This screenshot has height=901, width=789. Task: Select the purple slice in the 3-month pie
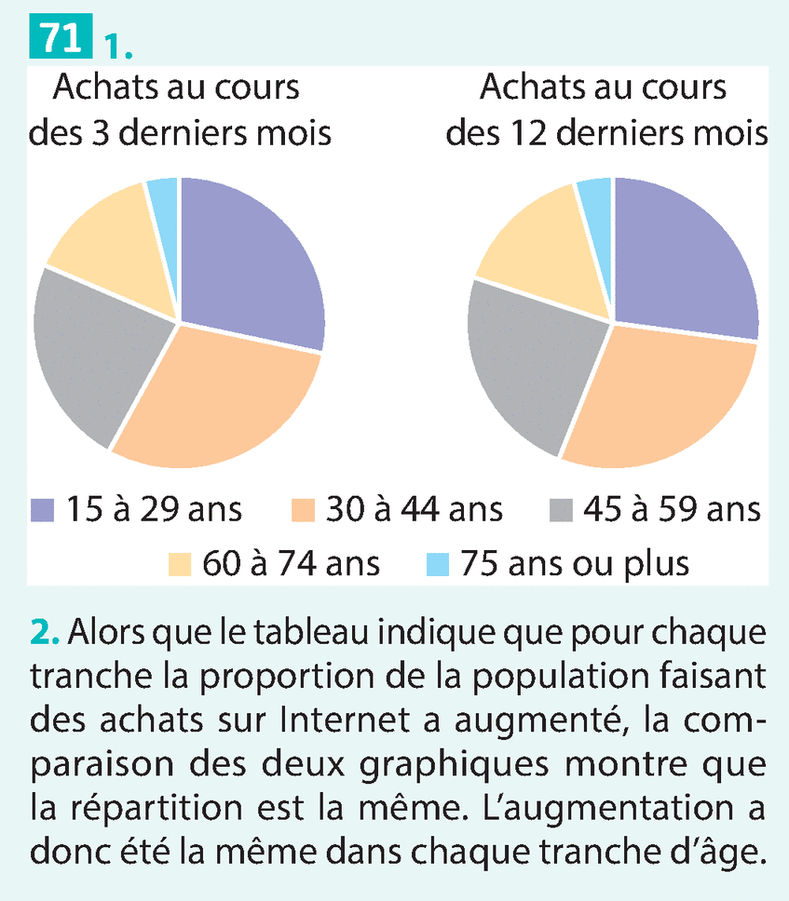[x=252, y=261]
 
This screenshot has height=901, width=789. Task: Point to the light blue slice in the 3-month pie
[x=163, y=195]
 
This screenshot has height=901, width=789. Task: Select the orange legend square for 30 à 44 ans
[x=299, y=510]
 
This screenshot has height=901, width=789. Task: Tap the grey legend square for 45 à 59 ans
[x=559, y=510]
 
